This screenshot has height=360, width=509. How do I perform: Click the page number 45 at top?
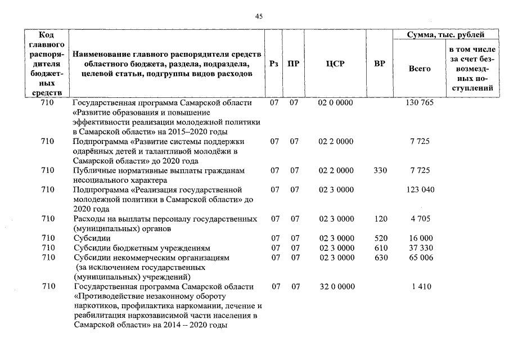coord(259,16)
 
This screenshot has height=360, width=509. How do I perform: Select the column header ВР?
coord(380,64)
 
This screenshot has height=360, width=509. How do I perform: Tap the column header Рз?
coord(274,64)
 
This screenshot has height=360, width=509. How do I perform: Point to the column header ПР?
coord(294,64)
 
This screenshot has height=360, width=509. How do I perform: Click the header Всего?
coord(420,69)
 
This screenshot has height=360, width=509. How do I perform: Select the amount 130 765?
coord(420,103)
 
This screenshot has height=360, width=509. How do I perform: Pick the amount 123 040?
coord(420,190)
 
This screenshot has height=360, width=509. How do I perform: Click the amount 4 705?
coord(420,219)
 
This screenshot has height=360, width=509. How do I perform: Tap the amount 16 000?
coord(420,238)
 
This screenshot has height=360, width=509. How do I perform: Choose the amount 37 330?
coord(420,248)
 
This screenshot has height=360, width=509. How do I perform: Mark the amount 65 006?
coord(420,258)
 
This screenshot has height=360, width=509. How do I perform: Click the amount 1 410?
coord(421,287)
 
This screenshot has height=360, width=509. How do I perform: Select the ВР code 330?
coord(380,170)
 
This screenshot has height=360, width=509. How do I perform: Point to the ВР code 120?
coord(380,219)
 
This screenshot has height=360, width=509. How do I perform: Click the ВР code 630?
coord(380,258)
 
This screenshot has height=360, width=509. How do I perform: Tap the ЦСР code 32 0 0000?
coord(337,287)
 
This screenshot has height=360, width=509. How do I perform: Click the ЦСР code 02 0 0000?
coord(336,103)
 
